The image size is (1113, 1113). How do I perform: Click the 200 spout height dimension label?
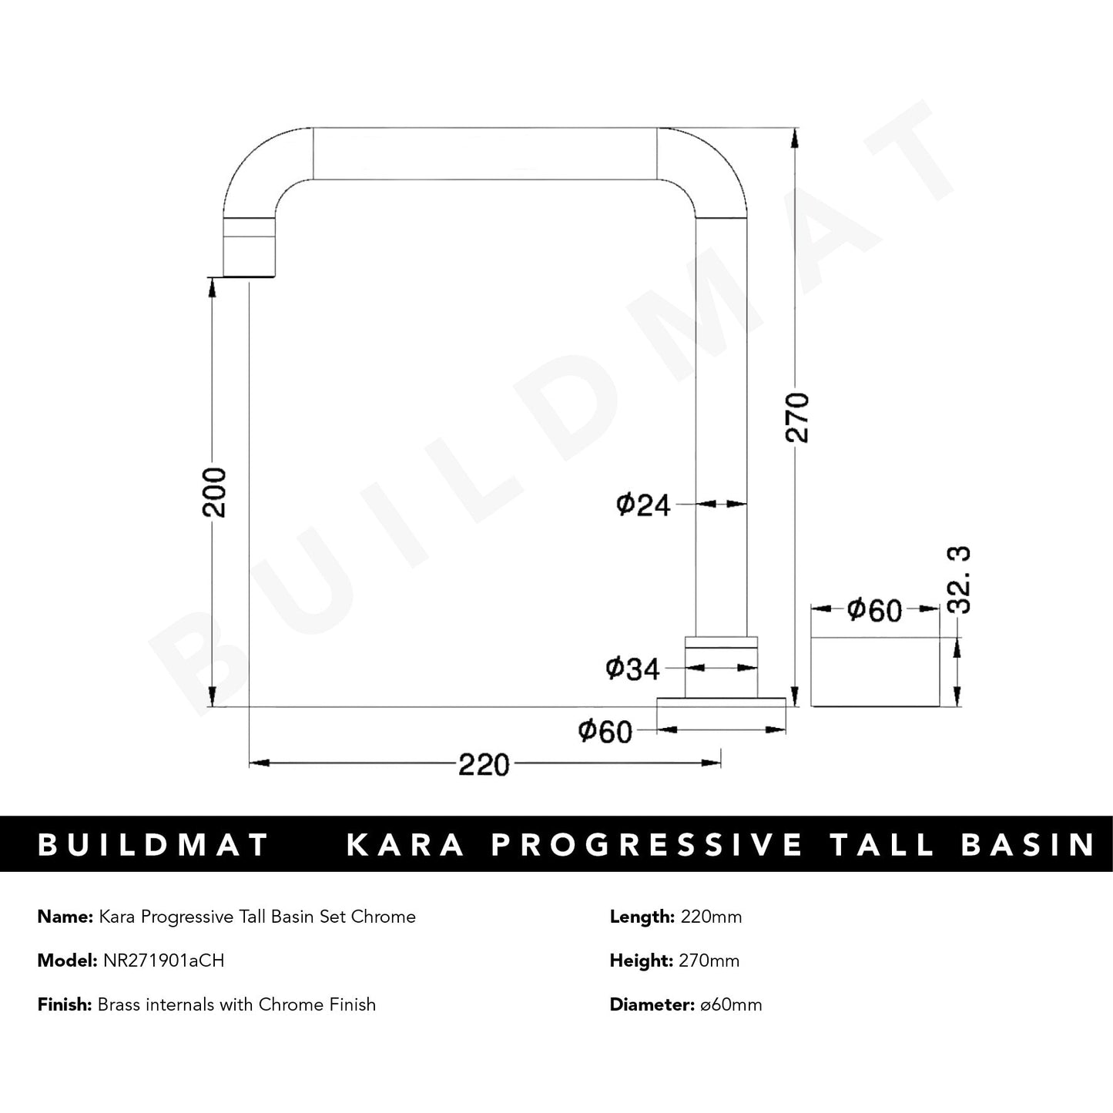218,492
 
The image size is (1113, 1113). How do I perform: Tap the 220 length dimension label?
484,765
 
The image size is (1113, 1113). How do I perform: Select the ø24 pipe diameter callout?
643,505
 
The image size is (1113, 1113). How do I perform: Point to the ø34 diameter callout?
633,669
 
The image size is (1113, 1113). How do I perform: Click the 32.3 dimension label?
960,579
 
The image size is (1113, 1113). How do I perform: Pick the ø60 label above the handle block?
874,610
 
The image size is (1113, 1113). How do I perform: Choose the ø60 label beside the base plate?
605,730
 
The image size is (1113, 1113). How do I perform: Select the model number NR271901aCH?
163,960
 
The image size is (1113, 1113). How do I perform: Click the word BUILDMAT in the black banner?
153,845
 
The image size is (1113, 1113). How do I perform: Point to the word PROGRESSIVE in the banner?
647,845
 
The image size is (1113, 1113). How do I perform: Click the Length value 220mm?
709,917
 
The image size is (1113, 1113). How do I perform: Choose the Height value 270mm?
709,960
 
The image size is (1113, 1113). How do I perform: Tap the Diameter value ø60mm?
728,1004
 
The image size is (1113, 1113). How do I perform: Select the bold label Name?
65,917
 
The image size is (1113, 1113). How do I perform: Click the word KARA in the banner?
406,845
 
